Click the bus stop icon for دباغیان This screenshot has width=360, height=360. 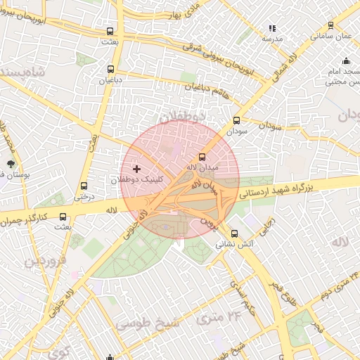point(110,69)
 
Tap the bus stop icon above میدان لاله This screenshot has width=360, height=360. point(202,156)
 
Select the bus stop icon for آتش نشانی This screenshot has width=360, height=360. point(234,233)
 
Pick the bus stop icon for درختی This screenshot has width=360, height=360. point(84,186)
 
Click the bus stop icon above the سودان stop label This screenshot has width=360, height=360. point(236,120)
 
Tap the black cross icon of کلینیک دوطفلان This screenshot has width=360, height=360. point(136,169)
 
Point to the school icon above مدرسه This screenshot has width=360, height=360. point(271,28)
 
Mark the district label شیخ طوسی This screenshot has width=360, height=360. point(148,323)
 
